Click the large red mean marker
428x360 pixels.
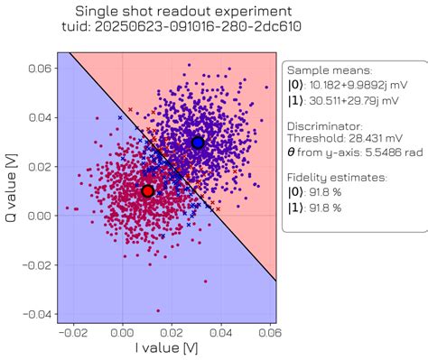click(147, 190)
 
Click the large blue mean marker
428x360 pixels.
click(198, 143)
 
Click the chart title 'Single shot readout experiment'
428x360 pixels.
click(171, 13)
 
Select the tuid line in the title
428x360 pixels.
click(171, 30)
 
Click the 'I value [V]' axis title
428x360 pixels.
click(165, 348)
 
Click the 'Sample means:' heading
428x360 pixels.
click(329, 69)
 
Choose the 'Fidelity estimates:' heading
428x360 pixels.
click(339, 178)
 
